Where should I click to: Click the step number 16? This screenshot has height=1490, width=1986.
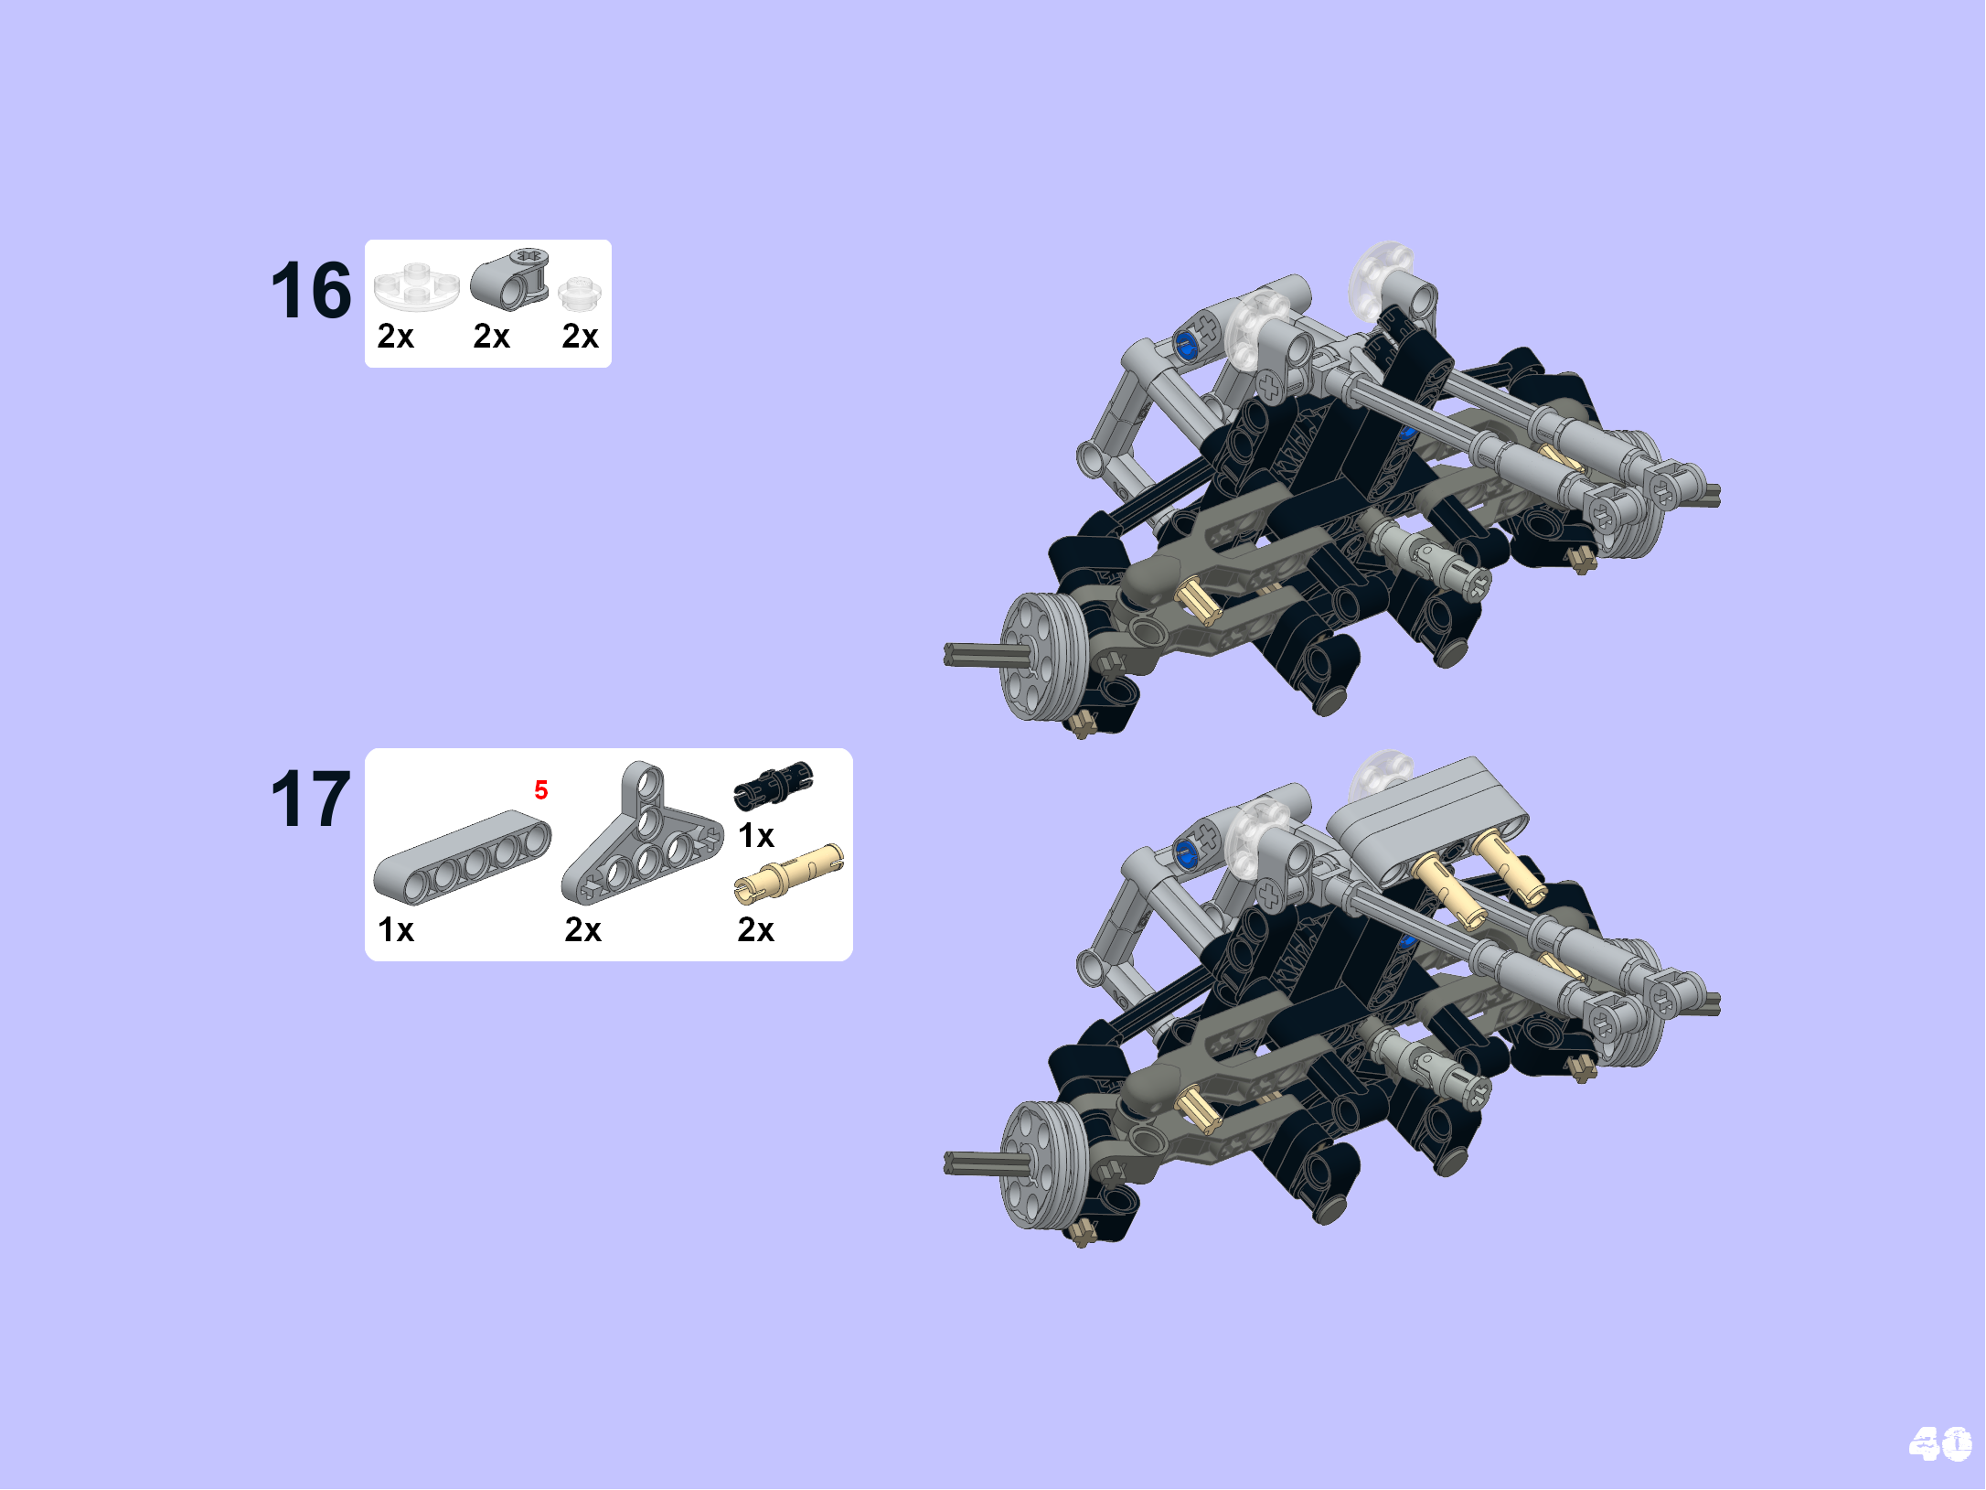tap(311, 291)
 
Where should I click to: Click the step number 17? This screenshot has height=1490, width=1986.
tap(311, 799)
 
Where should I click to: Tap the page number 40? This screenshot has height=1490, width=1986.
tap(1939, 1444)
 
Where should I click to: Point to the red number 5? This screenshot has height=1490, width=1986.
tap(541, 790)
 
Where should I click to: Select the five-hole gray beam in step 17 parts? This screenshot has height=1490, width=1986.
tap(462, 855)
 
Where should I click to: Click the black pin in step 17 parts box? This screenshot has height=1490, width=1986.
tap(774, 785)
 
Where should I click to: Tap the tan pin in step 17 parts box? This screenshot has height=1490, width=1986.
tap(788, 874)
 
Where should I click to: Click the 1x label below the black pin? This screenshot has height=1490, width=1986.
tap(756, 836)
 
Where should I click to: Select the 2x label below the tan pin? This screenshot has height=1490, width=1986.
tap(756, 930)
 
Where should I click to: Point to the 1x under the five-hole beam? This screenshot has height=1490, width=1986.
tap(396, 930)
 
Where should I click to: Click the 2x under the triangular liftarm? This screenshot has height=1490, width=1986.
tap(583, 930)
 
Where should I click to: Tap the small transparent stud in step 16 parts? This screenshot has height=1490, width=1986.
tap(579, 294)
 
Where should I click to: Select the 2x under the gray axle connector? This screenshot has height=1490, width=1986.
tap(492, 337)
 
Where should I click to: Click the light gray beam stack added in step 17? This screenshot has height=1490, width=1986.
tap(1426, 814)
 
